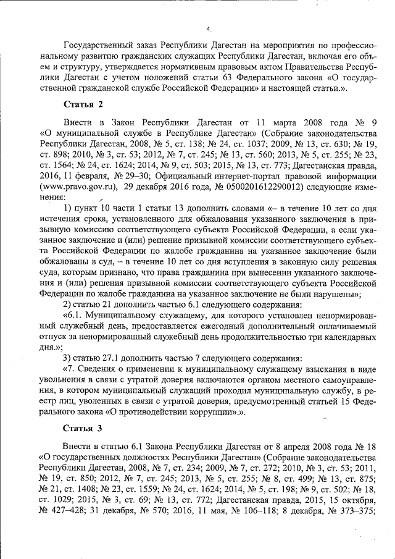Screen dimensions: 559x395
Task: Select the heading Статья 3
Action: click(x=82, y=427)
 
